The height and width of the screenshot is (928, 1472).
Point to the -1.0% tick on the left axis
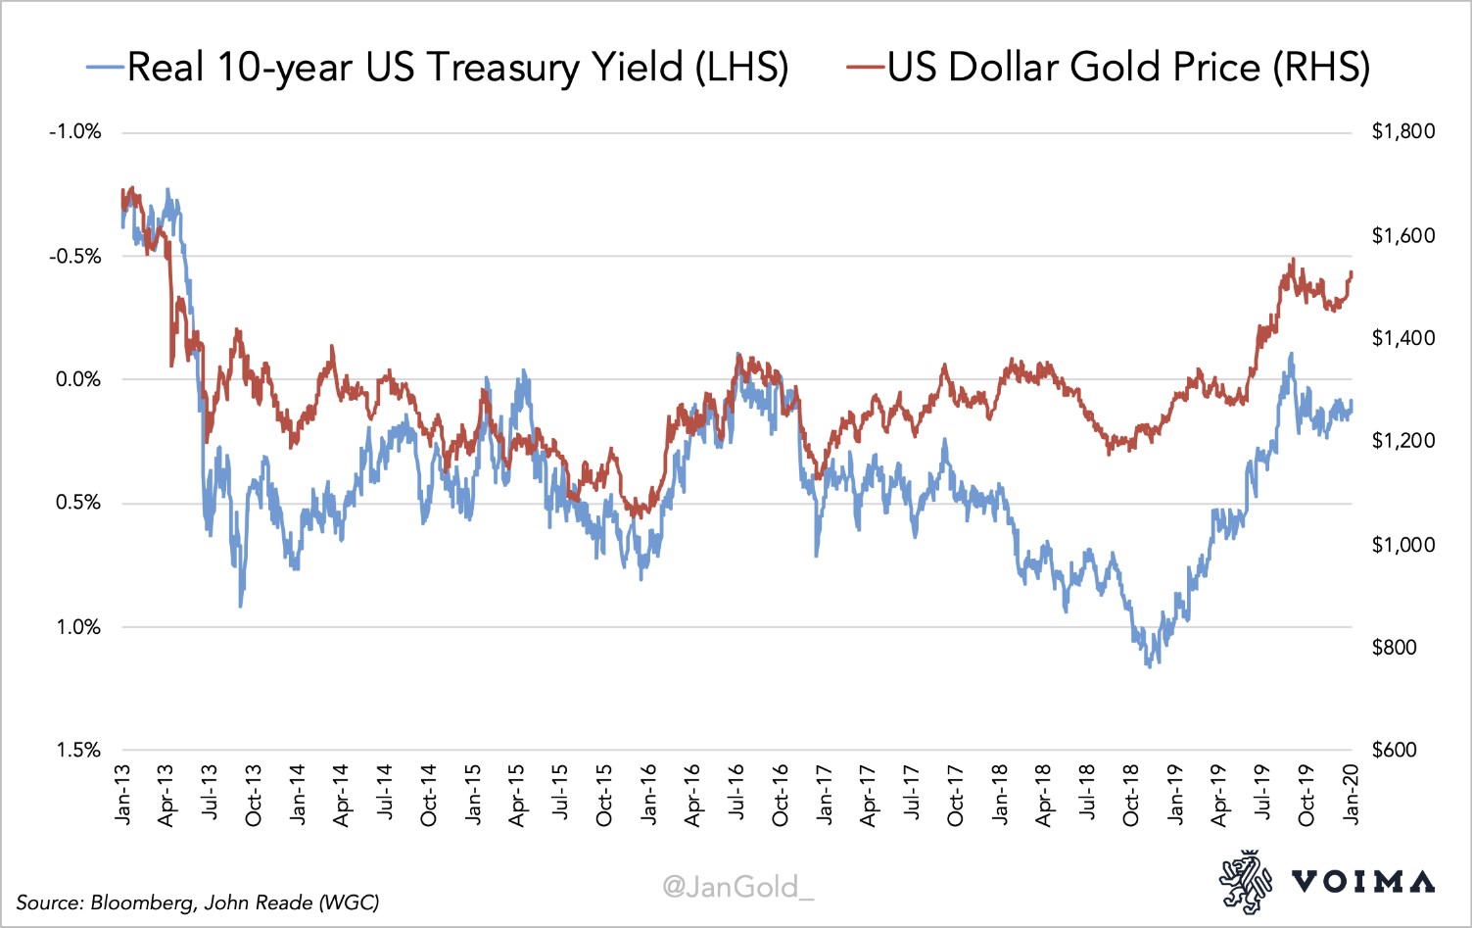point(75,132)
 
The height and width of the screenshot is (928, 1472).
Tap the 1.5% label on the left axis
point(78,750)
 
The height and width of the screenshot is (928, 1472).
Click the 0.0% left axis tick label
point(78,379)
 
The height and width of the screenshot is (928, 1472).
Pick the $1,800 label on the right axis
point(1402,131)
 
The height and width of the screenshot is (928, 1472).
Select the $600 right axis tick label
point(1394,750)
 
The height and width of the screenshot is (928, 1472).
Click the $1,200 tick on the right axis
point(1402,440)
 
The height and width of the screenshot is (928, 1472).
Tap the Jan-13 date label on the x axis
point(122,795)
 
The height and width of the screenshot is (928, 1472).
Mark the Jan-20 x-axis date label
point(1352,795)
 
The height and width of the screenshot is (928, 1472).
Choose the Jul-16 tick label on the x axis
point(736,795)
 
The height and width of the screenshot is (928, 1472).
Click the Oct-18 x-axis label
point(1131,795)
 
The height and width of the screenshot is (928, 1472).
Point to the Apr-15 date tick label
point(517,795)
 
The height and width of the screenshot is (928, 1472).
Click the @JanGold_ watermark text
point(737,887)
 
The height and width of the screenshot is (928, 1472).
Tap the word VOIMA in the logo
point(1363,881)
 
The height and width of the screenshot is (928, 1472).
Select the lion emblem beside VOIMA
point(1245,882)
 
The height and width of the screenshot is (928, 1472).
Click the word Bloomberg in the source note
point(143,903)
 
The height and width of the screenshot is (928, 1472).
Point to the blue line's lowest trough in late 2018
point(1148,665)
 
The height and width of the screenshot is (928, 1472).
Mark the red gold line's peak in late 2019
point(1293,260)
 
